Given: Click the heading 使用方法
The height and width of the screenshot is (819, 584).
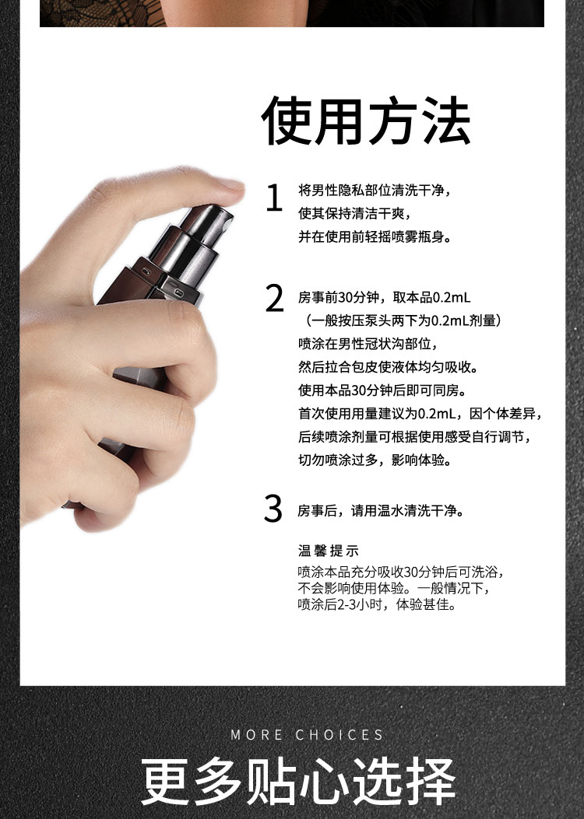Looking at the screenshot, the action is click(366, 121).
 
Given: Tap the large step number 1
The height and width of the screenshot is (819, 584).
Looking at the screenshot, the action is click(274, 198).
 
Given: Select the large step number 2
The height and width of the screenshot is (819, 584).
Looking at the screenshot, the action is click(274, 298).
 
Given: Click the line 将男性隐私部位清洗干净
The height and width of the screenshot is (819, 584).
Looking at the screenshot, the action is click(374, 190).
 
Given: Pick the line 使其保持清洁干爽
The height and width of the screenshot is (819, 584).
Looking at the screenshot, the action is click(354, 213).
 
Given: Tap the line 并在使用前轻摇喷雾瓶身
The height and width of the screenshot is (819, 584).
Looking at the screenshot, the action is click(375, 236).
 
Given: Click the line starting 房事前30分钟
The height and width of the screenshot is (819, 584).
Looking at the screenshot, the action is click(385, 298).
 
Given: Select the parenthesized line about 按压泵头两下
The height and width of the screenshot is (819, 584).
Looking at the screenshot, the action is click(403, 320).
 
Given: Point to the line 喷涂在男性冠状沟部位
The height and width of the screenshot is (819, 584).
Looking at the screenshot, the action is click(368, 344).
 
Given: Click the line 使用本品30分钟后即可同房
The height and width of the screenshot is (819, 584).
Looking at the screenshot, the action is click(382, 390).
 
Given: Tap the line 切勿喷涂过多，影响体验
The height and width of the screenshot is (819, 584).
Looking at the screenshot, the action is click(375, 460).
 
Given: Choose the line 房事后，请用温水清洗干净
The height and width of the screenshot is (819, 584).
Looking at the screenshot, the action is click(381, 510).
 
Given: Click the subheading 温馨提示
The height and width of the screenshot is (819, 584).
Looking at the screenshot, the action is click(329, 551).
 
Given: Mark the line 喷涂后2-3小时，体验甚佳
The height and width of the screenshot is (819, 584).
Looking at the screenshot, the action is click(377, 605).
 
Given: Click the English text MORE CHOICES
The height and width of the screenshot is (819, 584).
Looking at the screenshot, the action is click(308, 735).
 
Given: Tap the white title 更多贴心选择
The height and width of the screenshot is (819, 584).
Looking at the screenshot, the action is click(298, 782).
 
